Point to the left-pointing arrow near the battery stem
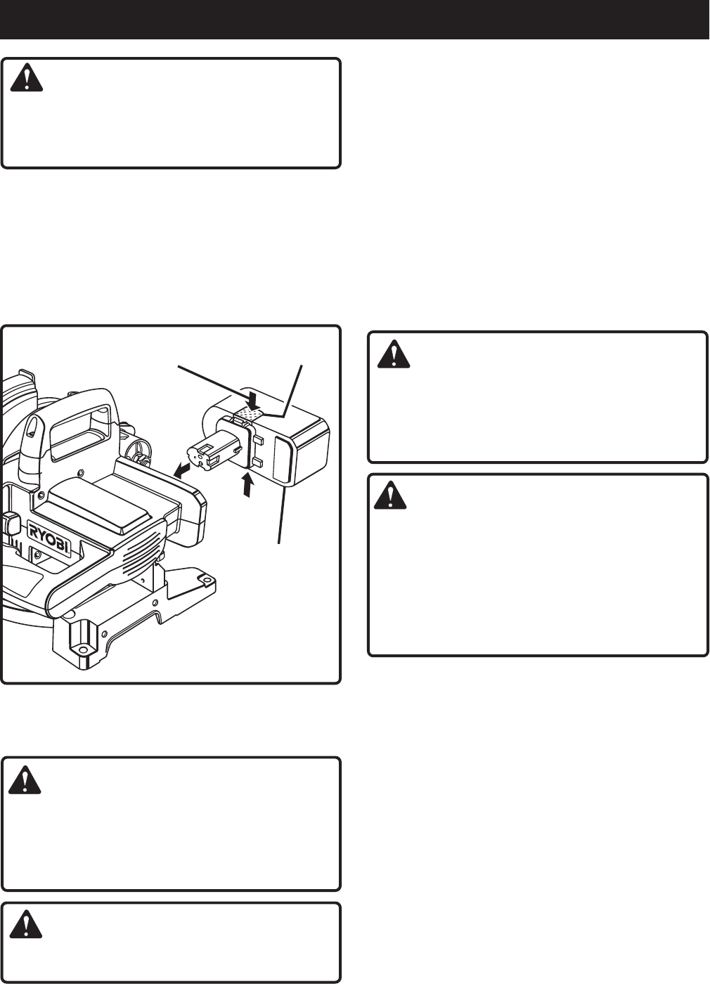[x=181, y=469]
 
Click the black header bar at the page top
[x=354, y=19]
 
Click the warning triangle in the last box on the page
[x=27, y=923]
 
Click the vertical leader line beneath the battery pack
[x=283, y=513]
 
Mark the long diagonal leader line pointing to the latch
[x=211, y=380]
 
